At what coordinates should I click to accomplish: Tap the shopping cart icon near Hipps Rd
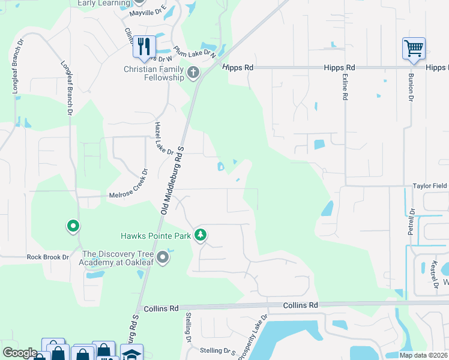(414, 48)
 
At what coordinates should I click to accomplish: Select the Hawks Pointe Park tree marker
(201, 235)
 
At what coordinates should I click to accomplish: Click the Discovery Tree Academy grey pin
(162, 258)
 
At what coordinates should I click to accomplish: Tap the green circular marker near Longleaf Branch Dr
(73, 226)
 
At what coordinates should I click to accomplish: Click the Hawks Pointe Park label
(155, 236)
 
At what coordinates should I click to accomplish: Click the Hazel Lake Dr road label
(163, 139)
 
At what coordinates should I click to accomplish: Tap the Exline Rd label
(345, 86)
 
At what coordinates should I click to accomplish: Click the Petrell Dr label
(411, 221)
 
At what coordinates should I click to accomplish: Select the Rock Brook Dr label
(48, 257)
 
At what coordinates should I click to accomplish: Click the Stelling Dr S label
(219, 350)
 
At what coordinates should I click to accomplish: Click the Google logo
(20, 353)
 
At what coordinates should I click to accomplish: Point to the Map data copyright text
(423, 355)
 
